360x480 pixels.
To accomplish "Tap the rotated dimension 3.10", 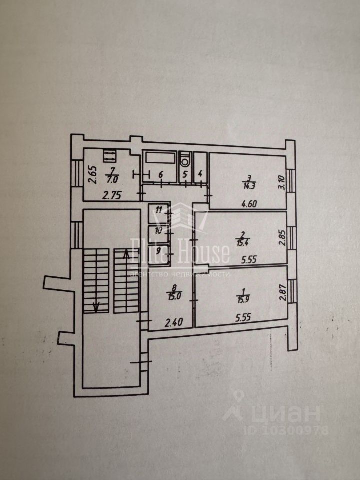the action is click(x=282, y=182).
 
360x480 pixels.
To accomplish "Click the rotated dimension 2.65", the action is click(x=92, y=175).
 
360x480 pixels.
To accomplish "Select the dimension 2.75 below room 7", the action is click(x=113, y=196).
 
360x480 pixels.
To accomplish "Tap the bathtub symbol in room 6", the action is click(x=160, y=158).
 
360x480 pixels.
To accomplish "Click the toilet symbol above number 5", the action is click(x=184, y=160).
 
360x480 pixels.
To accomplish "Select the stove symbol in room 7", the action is click(x=109, y=155).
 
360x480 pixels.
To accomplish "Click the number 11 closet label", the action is click(x=159, y=210).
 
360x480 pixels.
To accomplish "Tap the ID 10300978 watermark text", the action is click(x=285, y=430).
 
